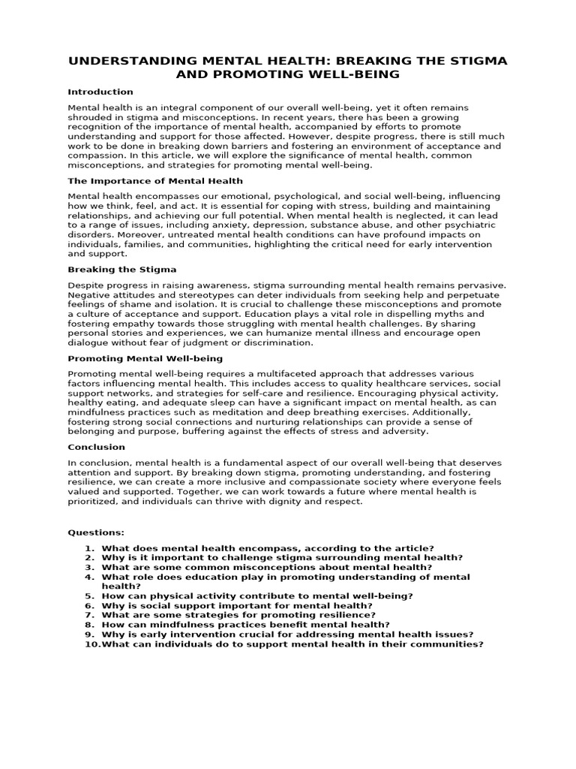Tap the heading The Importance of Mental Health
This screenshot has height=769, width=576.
click(x=155, y=181)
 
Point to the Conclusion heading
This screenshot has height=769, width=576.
click(x=97, y=447)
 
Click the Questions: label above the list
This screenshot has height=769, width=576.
click(x=96, y=532)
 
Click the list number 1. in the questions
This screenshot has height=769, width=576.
click(x=90, y=548)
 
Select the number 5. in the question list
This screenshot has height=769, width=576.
click(x=90, y=596)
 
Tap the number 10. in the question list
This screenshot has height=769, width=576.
click(x=91, y=644)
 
